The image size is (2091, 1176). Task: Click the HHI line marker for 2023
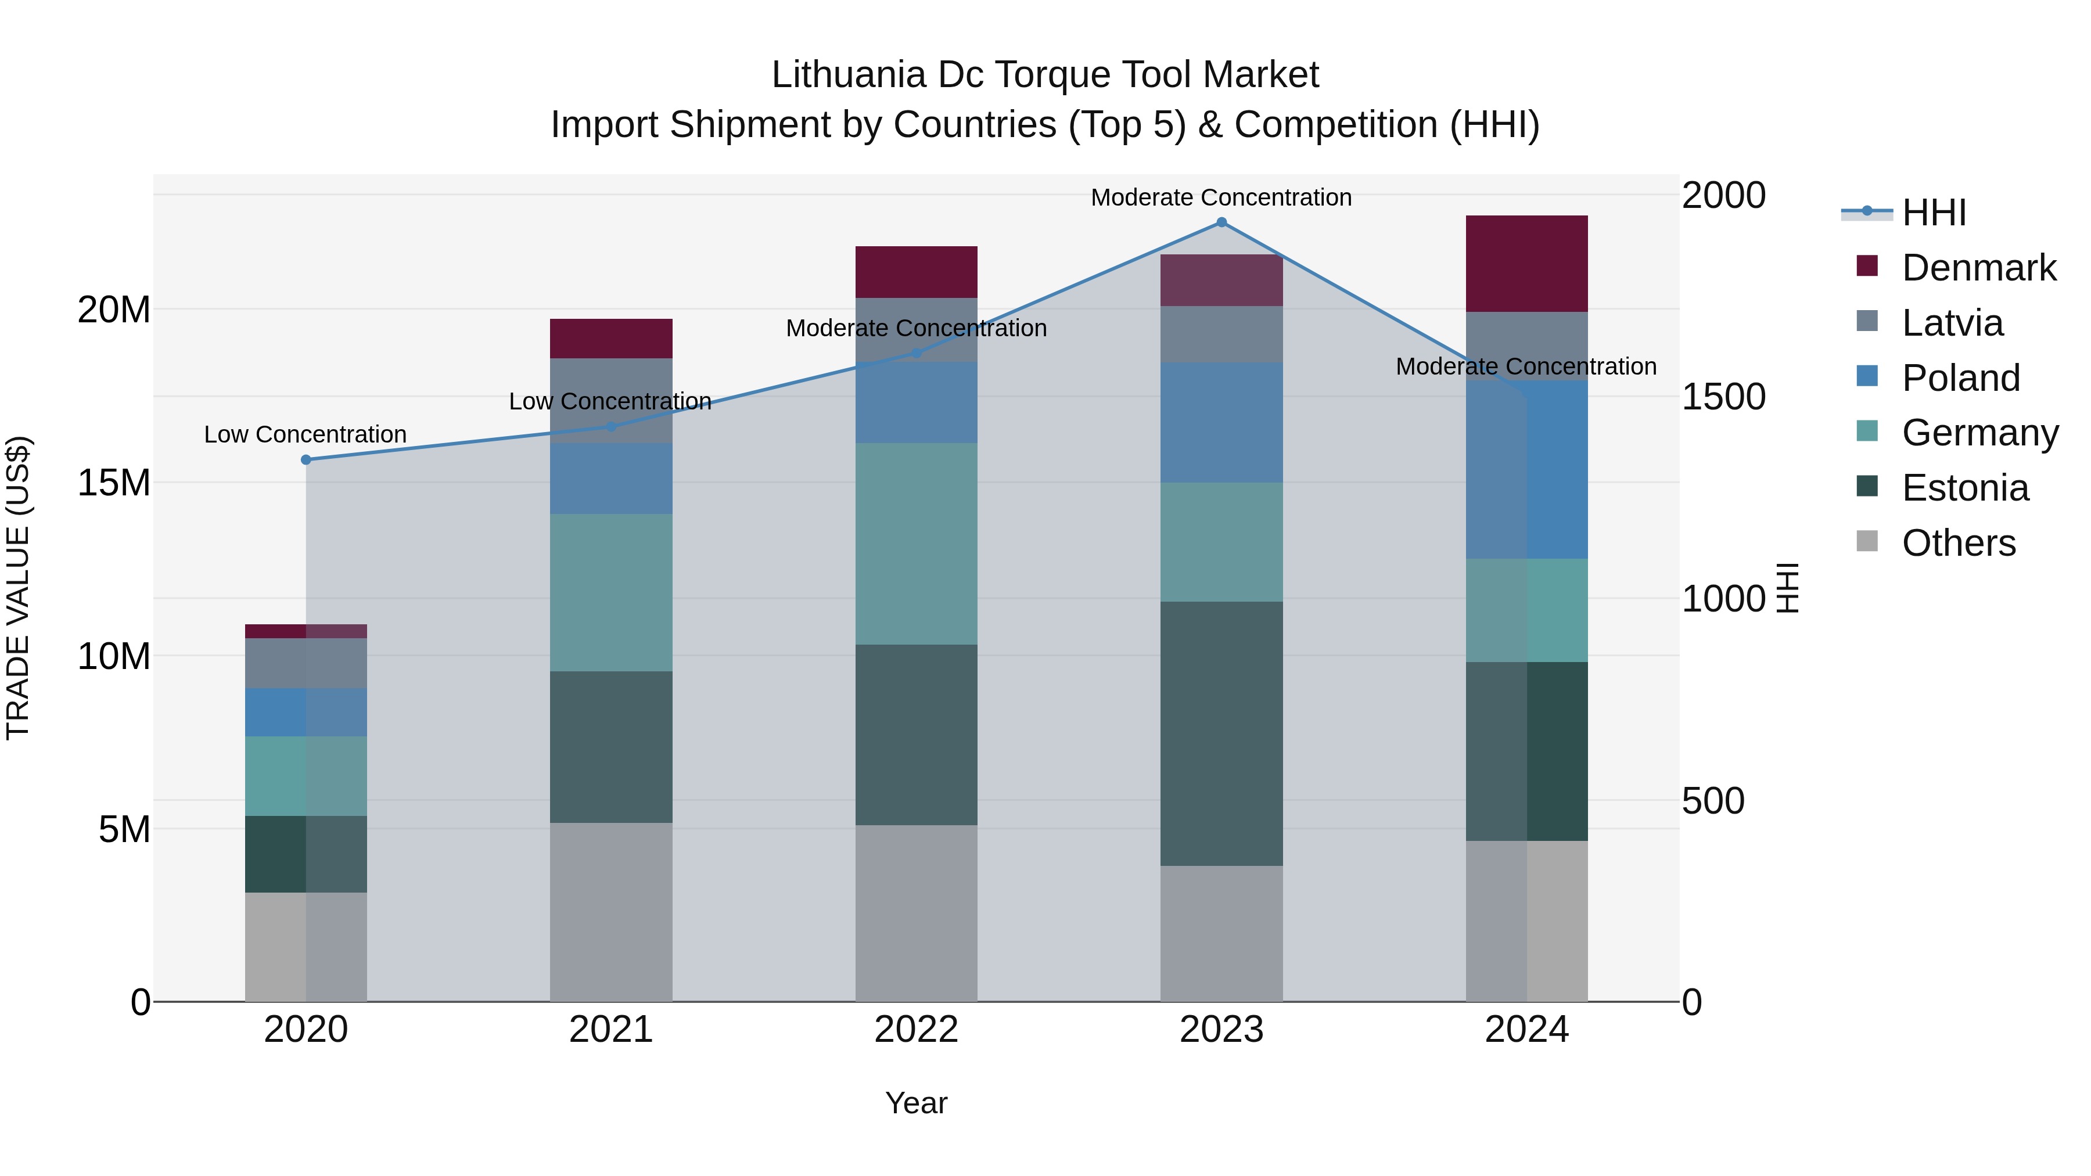(1221, 222)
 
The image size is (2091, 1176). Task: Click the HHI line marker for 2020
(306, 459)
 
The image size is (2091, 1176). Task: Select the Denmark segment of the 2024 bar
(1527, 264)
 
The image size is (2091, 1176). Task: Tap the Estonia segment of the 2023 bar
(1221, 733)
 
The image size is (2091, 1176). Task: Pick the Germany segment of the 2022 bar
(917, 544)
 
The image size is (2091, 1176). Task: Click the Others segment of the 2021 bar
(611, 912)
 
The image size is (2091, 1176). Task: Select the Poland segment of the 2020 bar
(306, 713)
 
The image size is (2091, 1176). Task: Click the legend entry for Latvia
(1952, 323)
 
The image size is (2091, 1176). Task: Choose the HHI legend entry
(1934, 213)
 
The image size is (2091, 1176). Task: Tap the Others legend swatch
(1867, 541)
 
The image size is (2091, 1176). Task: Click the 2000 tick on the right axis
(1723, 196)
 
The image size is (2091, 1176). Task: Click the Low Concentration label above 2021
(610, 401)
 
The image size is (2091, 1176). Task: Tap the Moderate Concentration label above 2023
(1221, 197)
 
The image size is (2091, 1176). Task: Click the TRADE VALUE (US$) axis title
(18, 588)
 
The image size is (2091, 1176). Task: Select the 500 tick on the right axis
(1713, 801)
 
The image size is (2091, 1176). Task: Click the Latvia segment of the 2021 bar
(611, 400)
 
